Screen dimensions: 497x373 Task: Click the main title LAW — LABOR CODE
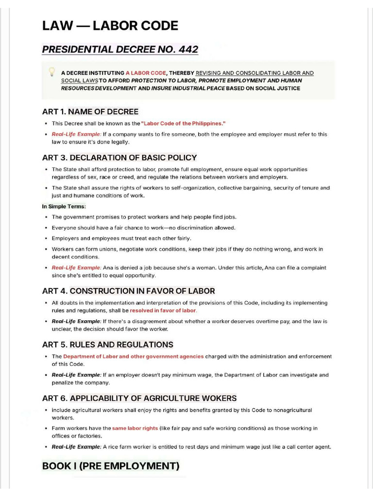pos(110,26)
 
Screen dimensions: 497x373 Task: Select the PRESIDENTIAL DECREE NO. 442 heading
pos(120,50)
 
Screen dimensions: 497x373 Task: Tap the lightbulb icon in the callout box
pos(51,72)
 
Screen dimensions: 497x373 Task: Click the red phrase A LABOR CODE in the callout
pos(145,73)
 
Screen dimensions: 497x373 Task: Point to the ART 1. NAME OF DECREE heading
pos(90,112)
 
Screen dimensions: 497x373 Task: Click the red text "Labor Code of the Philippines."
pos(183,124)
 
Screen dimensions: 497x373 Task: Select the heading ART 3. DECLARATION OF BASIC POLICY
pos(119,158)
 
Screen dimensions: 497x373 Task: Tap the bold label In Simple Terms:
pos(64,207)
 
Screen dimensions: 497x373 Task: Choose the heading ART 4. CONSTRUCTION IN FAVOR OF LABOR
pos(128,291)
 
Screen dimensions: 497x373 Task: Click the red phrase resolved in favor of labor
pos(163,311)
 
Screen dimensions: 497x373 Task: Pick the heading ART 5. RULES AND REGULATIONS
pos(107,345)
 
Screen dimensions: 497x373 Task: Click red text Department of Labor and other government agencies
pos(133,357)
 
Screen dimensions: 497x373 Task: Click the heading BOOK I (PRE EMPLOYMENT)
pos(111,466)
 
